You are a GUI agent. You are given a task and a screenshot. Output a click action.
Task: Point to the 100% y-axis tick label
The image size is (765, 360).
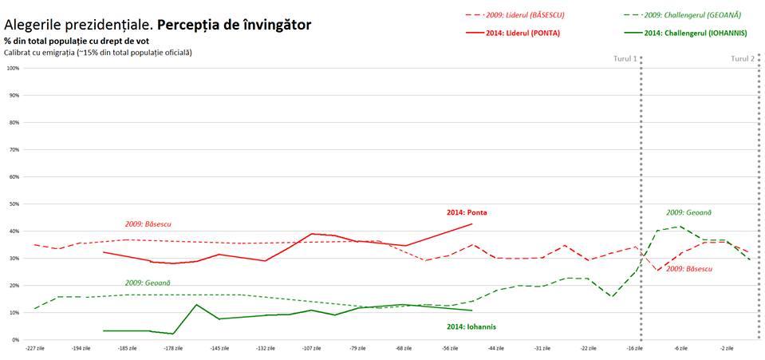pos(13,68)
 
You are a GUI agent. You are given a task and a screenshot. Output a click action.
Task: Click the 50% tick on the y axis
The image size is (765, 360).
pos(14,204)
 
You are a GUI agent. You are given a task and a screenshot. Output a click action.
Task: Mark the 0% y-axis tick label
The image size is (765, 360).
pos(15,340)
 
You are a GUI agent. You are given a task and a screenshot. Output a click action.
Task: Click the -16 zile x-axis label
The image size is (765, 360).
pos(634,348)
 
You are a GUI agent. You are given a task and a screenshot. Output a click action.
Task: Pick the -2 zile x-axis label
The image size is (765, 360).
pos(727,348)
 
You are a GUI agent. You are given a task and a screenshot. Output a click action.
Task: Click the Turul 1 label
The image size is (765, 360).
pos(625,59)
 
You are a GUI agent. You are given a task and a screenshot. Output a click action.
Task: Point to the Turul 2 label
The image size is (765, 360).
pos(743,59)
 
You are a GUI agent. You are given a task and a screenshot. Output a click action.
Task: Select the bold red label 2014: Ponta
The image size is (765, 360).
pos(467,213)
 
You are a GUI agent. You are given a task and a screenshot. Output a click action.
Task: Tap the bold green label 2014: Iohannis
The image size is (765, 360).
pos(471,326)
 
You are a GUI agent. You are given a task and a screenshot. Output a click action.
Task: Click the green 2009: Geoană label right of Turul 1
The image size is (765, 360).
pos(688,212)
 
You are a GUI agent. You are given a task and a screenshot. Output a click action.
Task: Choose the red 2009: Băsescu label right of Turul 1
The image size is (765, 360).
pos(689,269)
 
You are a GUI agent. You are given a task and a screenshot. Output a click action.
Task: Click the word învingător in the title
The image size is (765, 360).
pos(269,25)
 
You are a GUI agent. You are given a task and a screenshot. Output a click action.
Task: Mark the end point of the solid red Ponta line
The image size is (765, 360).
pos(472,224)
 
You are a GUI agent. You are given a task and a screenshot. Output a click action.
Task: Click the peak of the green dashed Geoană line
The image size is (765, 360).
pos(679,227)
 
